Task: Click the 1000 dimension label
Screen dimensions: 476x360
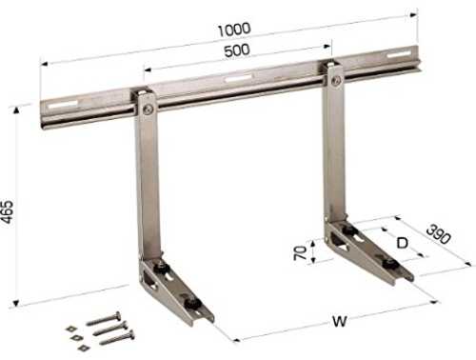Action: click(234, 30)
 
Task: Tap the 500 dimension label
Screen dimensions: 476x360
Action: click(237, 50)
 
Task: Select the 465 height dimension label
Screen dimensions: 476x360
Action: click(8, 211)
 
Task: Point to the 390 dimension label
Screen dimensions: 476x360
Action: click(438, 234)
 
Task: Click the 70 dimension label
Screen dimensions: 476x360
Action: click(300, 252)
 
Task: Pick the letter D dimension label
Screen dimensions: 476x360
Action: click(403, 243)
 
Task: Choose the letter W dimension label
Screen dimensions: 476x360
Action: click(340, 322)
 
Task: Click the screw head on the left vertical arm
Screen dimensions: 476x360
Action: click(148, 110)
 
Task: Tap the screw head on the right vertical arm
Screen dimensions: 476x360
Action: click(335, 82)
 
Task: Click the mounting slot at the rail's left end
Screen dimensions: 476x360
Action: click(63, 105)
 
